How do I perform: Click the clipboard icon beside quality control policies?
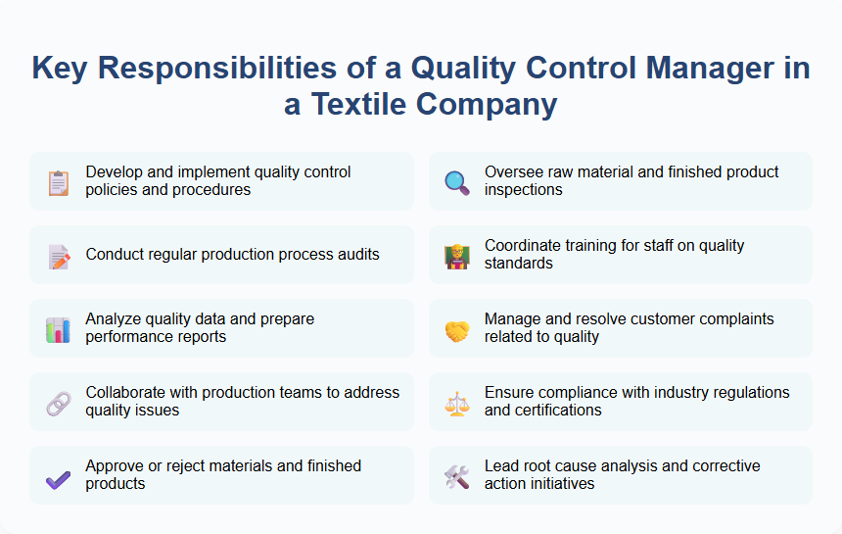[59, 182]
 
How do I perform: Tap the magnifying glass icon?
[457, 182]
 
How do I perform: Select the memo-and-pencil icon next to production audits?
[59, 256]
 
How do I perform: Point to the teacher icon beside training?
[457, 256]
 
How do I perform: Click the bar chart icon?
[59, 329]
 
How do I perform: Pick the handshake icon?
[457, 329]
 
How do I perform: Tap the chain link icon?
[59, 403]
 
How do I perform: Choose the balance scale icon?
[457, 403]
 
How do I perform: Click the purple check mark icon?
[59, 476]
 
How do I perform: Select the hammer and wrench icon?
[457, 476]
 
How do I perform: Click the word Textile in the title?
[367, 103]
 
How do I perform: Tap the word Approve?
[115, 466]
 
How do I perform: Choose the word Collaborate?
[125, 393]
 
